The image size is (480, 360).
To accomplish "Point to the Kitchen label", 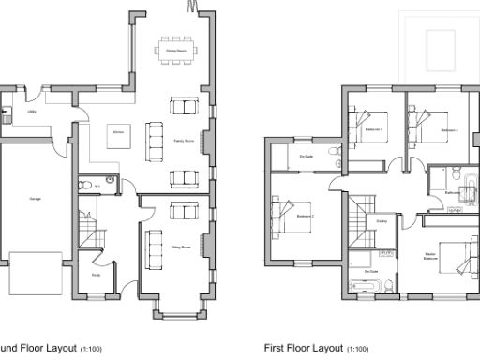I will tap(119, 133).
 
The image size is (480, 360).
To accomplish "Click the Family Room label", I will tap(183, 141).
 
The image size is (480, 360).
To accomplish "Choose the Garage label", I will tap(35, 200).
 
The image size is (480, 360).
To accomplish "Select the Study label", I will tap(96, 275).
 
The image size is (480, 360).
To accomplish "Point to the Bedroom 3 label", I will tap(374, 129).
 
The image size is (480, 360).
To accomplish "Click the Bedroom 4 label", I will tap(448, 129).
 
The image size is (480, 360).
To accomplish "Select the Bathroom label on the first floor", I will tap(453, 191).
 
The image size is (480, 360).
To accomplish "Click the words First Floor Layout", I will tap(304, 348).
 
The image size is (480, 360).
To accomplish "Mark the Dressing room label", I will tap(382, 221).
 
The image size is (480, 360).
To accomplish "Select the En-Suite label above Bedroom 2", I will tap(307, 157).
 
